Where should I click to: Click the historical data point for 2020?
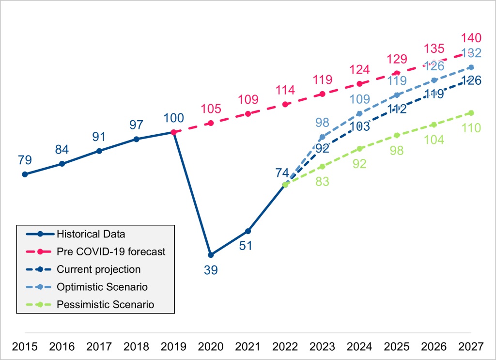click(210, 255)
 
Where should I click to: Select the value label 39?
click(210, 270)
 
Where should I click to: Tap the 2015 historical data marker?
click(25, 174)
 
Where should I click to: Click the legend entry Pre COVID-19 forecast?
click(111, 251)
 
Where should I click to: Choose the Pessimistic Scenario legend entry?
click(105, 305)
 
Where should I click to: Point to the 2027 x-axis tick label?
click(471, 347)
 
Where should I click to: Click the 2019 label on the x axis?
click(173, 347)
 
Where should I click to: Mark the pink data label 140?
click(471, 38)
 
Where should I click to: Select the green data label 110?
click(471, 128)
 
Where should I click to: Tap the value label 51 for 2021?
click(248, 246)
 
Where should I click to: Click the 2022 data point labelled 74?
click(285, 184)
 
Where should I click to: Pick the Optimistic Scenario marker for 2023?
click(322, 137)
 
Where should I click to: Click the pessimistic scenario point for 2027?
click(471, 113)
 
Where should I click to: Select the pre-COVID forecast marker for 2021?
click(248, 114)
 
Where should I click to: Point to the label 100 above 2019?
click(173, 118)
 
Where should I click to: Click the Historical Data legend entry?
click(91, 234)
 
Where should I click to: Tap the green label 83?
click(322, 182)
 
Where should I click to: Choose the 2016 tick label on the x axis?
click(62, 347)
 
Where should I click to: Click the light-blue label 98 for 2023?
click(322, 123)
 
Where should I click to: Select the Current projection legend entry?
click(98, 269)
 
